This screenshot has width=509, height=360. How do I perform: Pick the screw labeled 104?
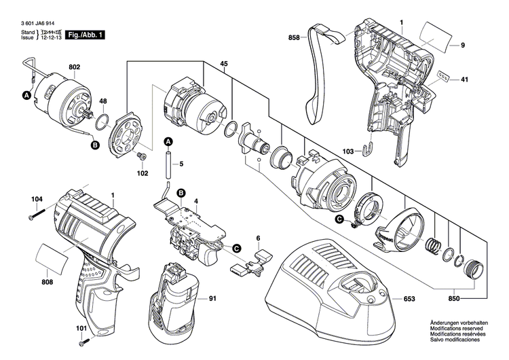pyautogui.click(x=39, y=217)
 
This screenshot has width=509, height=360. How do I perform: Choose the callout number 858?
pyautogui.click(x=294, y=38)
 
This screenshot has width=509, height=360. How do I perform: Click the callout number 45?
pyautogui.click(x=223, y=65)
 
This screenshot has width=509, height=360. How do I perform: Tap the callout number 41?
pyautogui.click(x=464, y=79)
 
